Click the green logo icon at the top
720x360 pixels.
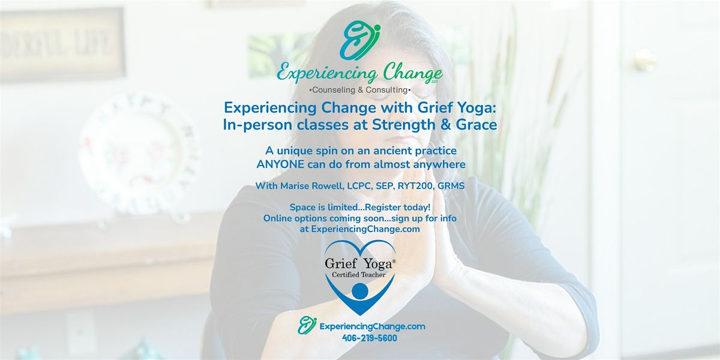(x=359, y=40)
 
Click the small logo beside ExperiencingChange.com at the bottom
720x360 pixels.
(x=307, y=325)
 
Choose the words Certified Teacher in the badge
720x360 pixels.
(x=359, y=275)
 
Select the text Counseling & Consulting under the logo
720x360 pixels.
(x=359, y=90)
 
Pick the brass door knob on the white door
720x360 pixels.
(x=645, y=60)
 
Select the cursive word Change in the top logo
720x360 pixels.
(x=408, y=75)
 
